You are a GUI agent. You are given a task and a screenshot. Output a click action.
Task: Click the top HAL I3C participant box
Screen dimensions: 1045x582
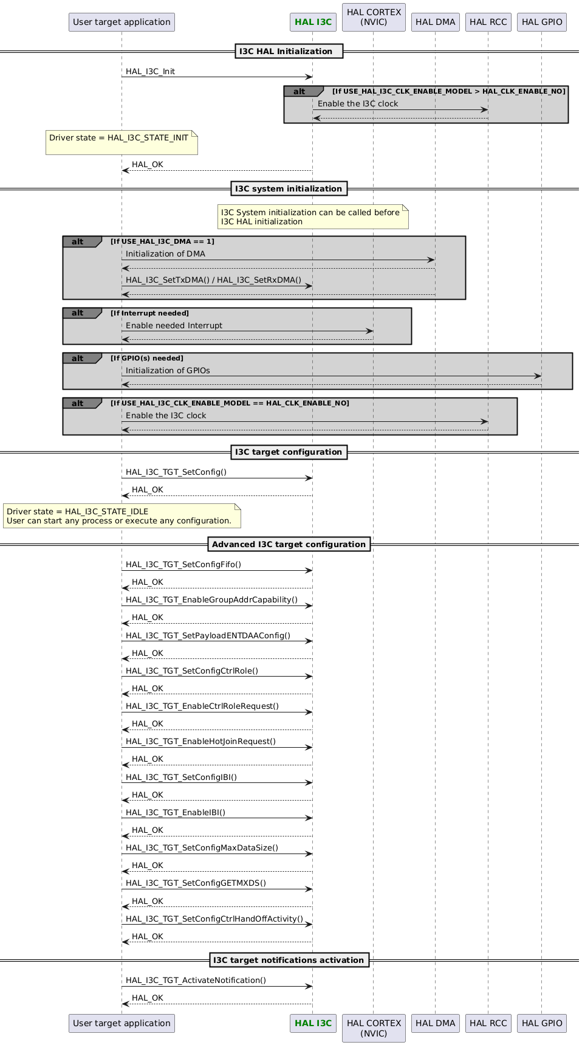pos(312,22)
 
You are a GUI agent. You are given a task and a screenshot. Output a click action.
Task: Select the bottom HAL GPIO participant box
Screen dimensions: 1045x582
pos(542,1023)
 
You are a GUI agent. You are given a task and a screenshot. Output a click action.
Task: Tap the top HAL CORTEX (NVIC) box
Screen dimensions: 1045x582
pos(374,17)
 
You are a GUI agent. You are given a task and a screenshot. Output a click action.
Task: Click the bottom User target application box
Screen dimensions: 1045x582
pos(122,1023)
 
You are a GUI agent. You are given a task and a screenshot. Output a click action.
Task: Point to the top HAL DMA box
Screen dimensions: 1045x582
pos(435,22)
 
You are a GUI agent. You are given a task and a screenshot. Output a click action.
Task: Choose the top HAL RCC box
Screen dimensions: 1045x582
pos(488,22)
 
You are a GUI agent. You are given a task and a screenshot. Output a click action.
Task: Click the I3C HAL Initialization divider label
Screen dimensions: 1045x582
pos(289,52)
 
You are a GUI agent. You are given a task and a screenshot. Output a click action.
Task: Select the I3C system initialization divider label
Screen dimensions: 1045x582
pos(289,188)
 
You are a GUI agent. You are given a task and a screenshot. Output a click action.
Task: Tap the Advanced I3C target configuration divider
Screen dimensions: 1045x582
pos(289,544)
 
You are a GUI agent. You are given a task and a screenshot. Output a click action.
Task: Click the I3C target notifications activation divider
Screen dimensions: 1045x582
pos(289,960)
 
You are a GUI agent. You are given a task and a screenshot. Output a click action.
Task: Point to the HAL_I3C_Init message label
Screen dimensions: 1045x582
pos(150,72)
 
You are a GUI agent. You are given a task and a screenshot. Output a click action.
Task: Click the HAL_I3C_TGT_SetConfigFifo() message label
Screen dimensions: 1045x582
pos(183,565)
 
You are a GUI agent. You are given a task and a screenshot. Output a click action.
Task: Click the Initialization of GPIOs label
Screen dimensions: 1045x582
pos(168,371)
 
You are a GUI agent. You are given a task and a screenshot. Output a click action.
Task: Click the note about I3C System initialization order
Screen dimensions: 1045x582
pos(313,217)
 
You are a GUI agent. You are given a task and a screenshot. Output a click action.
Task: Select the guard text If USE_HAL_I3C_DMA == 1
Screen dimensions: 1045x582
pos(162,241)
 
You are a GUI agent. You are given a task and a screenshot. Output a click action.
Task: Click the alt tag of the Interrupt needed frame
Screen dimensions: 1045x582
pos(78,313)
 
